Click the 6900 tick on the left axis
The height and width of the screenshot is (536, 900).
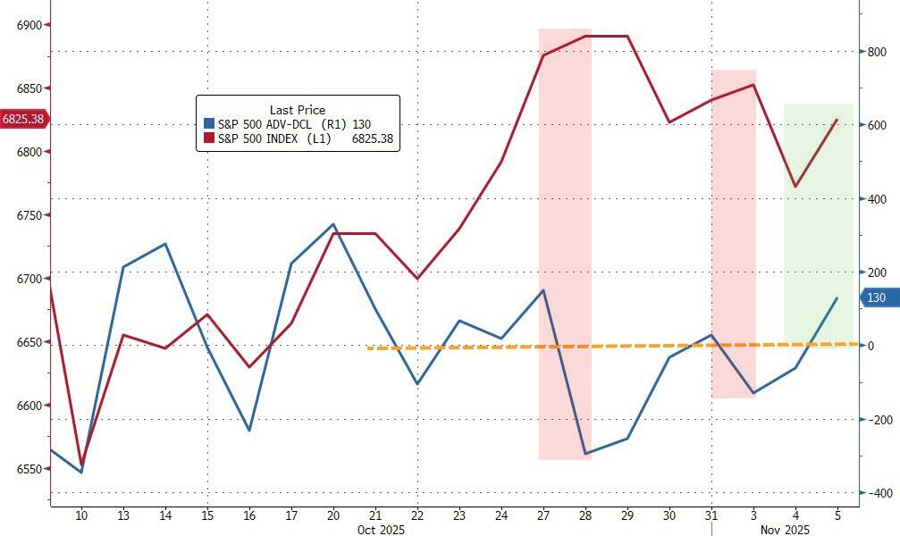(x=29, y=25)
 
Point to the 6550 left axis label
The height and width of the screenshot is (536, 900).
(x=29, y=469)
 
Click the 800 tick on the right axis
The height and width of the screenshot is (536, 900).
(x=875, y=52)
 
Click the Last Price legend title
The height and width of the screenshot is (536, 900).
(x=298, y=110)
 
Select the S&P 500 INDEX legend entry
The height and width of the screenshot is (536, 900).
(x=298, y=138)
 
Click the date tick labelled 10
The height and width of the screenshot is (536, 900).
(x=81, y=515)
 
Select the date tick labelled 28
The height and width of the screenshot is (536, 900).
(x=585, y=515)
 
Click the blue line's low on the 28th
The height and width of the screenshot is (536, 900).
(x=585, y=454)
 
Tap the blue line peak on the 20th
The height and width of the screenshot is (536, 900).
(x=333, y=224)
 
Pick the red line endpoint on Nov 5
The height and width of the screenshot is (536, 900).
(x=837, y=119)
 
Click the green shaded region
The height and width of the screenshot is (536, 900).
(x=818, y=268)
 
